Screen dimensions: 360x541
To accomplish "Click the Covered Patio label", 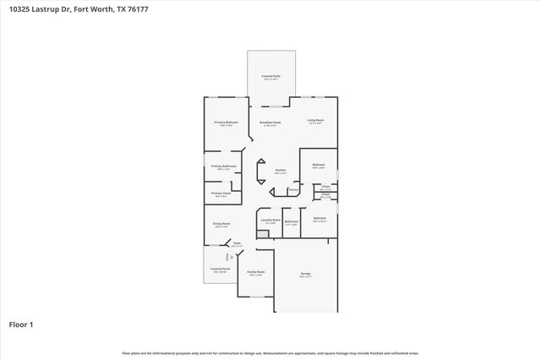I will point(270,76).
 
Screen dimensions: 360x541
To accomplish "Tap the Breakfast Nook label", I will point(270,122).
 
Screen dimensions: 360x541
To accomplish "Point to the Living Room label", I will point(315,120).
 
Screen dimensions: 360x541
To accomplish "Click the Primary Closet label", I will point(221,194).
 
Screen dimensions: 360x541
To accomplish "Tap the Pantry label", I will point(293,189).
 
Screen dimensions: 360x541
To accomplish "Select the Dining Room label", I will point(221,224).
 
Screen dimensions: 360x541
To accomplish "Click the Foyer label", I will point(238,243).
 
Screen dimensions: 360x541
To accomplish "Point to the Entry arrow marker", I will point(227,256).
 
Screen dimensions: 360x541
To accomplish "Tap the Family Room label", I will point(255,272).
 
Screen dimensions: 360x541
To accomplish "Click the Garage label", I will point(305,274).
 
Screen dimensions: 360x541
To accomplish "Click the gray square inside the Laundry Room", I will point(261,234).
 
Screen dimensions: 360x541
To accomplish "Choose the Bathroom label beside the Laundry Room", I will point(292,222).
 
